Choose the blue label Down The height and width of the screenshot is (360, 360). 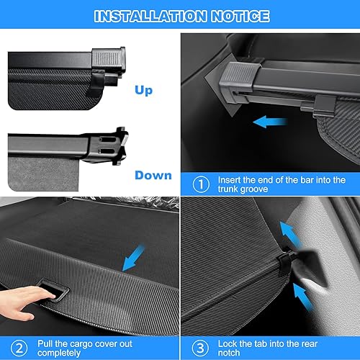pos(153,175)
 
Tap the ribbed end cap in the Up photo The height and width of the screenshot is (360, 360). pos(108,60)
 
